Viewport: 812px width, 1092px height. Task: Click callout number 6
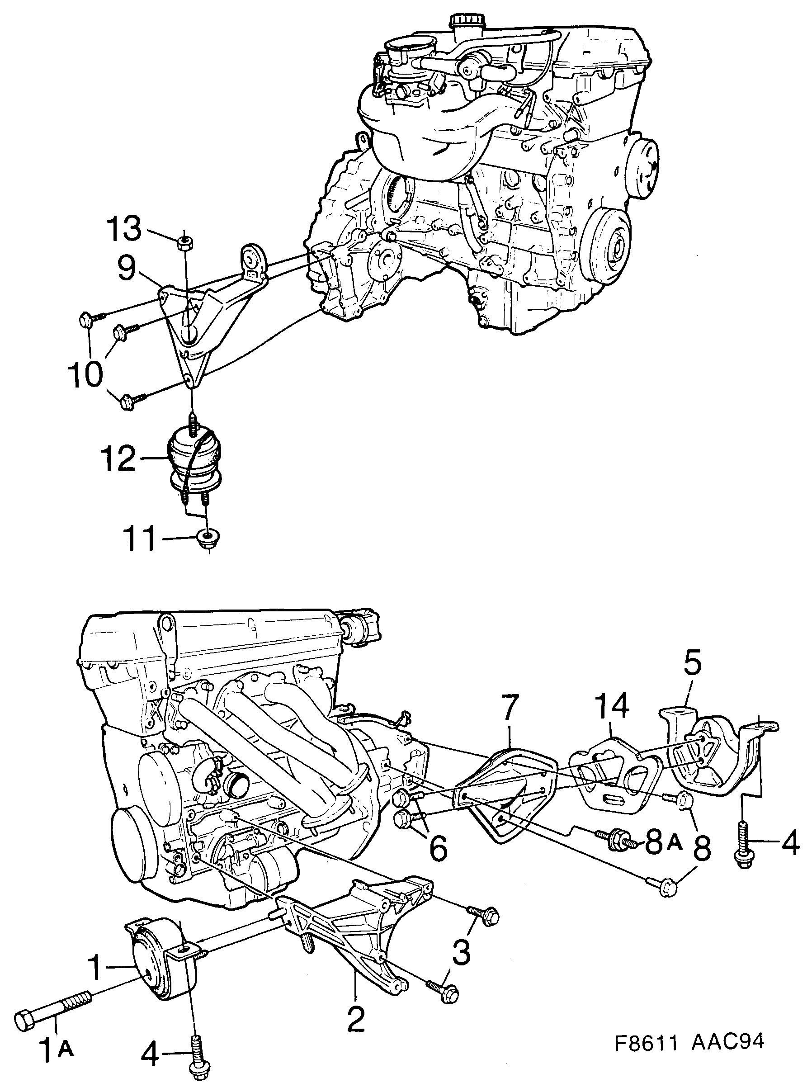(x=438, y=846)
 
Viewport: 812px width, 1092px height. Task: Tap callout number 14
(x=613, y=706)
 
